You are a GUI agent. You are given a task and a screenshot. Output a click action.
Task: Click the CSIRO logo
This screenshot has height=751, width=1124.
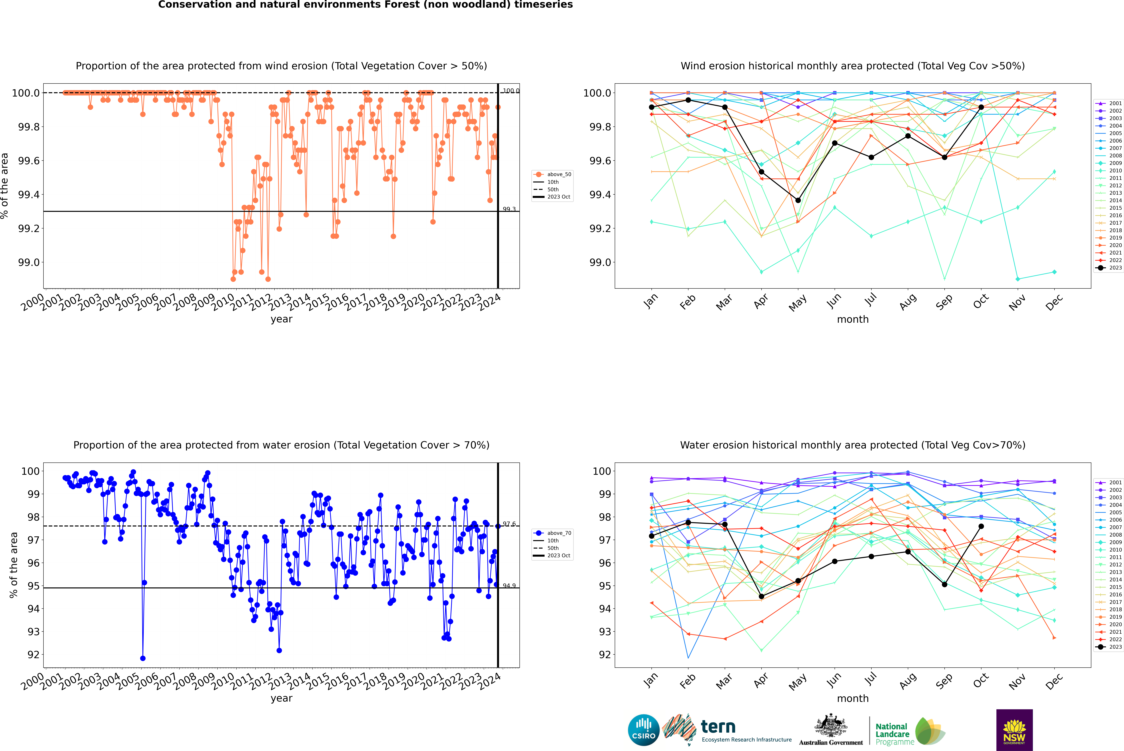[644, 730]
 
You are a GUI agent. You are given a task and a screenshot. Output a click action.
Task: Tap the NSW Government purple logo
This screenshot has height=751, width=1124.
[1014, 730]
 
